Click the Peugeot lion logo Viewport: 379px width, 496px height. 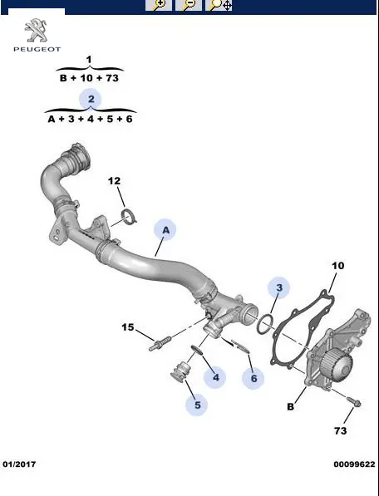coord(36,31)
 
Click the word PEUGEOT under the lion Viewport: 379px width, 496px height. coord(37,49)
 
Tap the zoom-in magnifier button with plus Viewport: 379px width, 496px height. coord(159,5)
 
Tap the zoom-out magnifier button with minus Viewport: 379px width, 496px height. coord(188,5)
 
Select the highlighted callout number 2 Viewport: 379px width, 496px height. coord(91,100)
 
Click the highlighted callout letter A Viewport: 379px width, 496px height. coord(165,230)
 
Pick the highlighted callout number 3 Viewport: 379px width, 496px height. coord(278,287)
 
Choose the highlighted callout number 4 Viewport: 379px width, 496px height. coord(215,377)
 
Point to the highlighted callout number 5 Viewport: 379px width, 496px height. coord(197,405)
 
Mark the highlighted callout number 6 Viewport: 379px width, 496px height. coord(253,378)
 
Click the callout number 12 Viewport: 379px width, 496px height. coord(114,181)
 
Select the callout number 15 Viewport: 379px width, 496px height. coord(128,327)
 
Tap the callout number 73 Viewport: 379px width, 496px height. coord(341,431)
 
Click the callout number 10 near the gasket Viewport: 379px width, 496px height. coord(338,266)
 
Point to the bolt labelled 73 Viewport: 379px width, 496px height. coord(354,401)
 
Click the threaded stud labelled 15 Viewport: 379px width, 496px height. coord(160,343)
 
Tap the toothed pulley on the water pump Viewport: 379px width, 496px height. coord(336,366)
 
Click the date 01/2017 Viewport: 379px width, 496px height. coord(19,464)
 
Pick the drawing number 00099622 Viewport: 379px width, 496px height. coord(354,464)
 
